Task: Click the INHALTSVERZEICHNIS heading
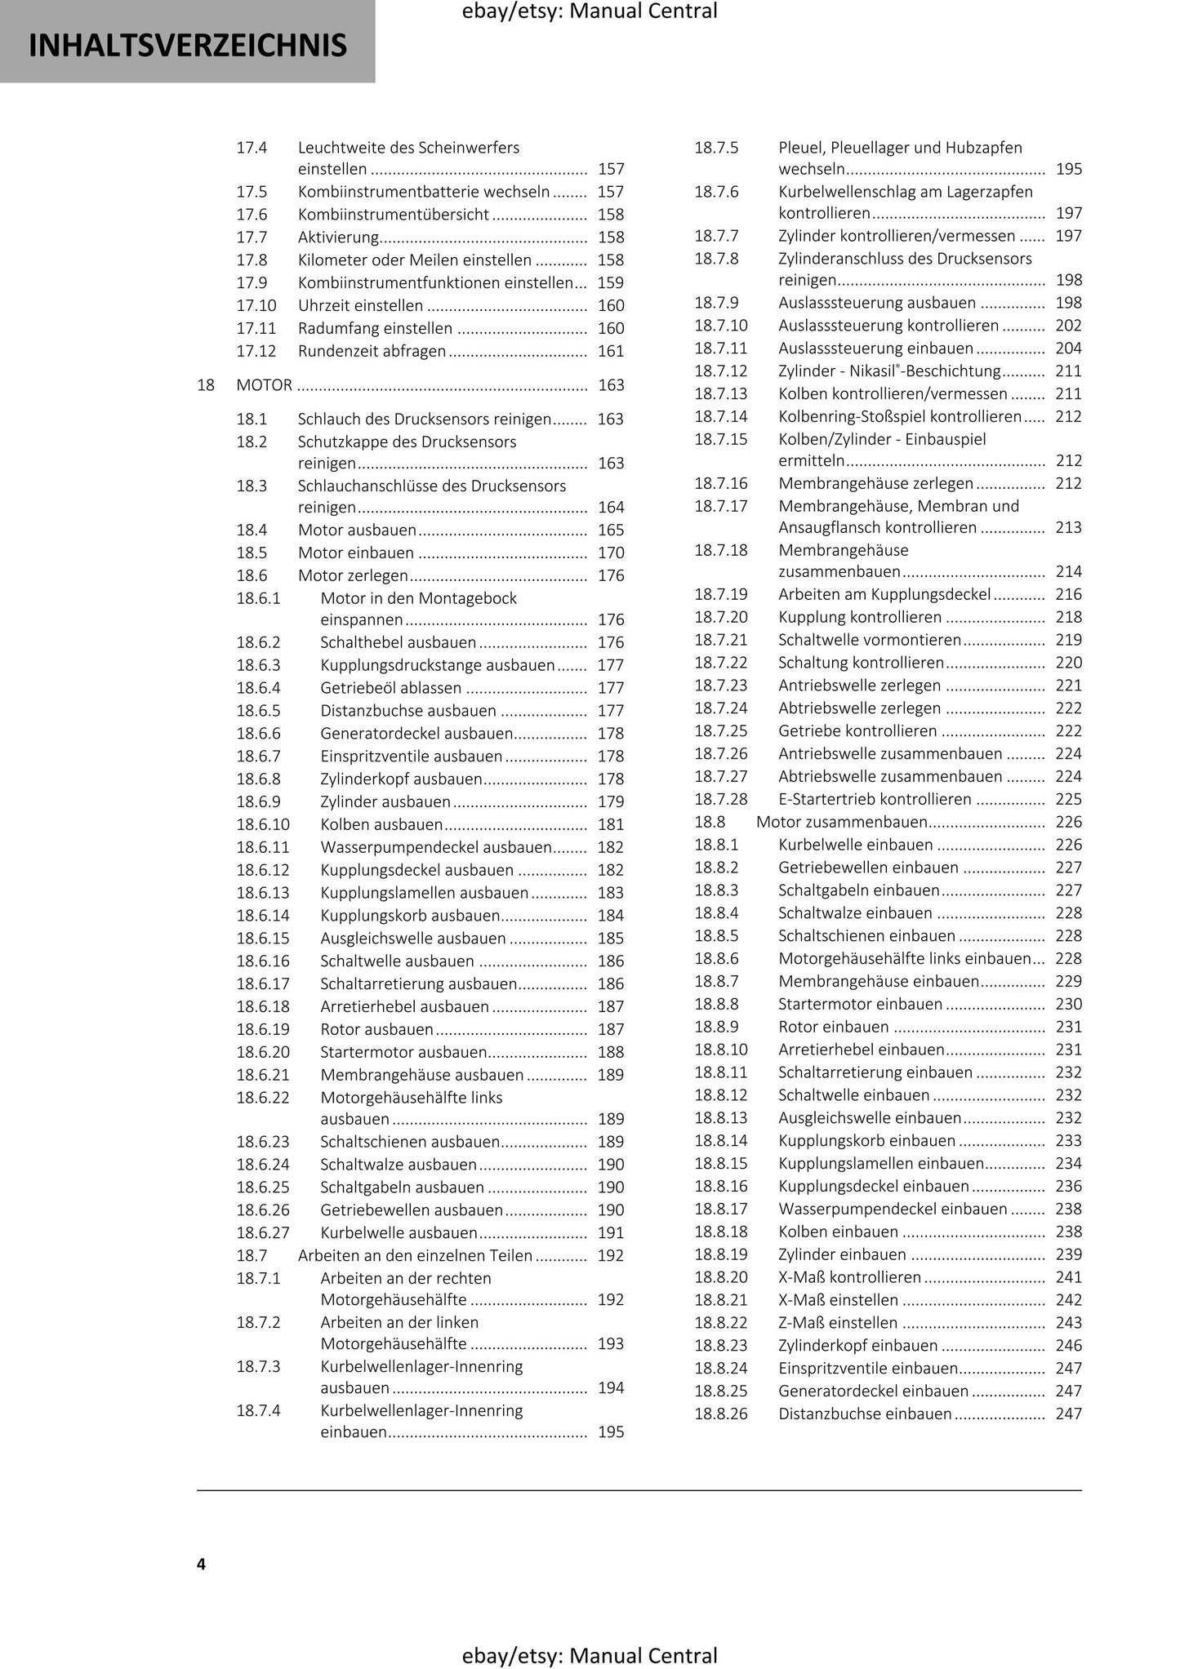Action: pyautogui.click(x=187, y=46)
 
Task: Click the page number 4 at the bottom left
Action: pyautogui.click(x=201, y=1564)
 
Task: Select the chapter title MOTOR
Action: pyautogui.click(x=264, y=385)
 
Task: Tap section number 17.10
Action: pyautogui.click(x=256, y=306)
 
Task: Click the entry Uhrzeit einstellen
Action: pyautogui.click(x=360, y=306)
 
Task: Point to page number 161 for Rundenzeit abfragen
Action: pyautogui.click(x=611, y=352)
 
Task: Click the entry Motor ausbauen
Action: pyautogui.click(x=357, y=530)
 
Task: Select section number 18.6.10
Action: pyautogui.click(x=263, y=825)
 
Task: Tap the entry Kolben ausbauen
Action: pyautogui.click(x=381, y=825)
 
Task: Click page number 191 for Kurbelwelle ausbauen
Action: pyautogui.click(x=611, y=1233)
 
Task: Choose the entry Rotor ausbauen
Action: pyautogui.click(x=376, y=1030)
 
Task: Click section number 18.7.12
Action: pyautogui.click(x=721, y=371)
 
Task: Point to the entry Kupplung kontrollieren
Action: pyautogui.click(x=860, y=618)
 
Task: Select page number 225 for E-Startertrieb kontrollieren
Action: pyautogui.click(x=1068, y=800)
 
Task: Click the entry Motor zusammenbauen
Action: pyautogui.click(x=842, y=822)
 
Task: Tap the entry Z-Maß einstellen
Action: pyautogui.click(x=838, y=1323)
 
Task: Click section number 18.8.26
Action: pyautogui.click(x=721, y=1414)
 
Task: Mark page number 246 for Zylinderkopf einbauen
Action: pyautogui.click(x=1068, y=1346)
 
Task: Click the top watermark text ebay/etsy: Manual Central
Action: pyautogui.click(x=590, y=11)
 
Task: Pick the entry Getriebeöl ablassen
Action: pyautogui.click(x=390, y=689)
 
